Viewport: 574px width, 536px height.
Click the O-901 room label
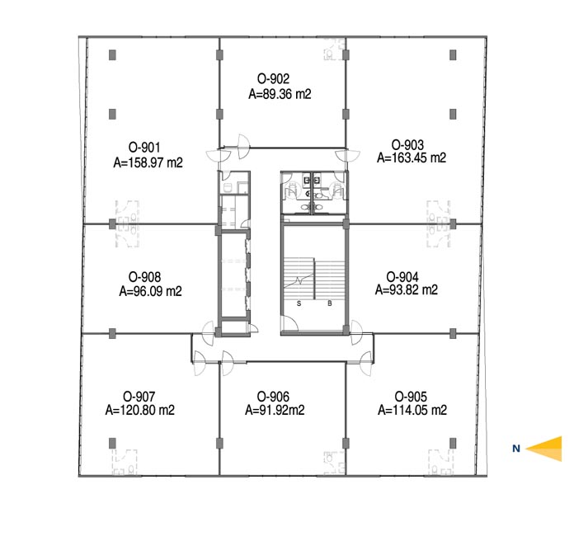(144, 148)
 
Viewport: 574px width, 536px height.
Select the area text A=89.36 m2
(280, 94)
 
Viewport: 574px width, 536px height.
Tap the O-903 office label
(407, 144)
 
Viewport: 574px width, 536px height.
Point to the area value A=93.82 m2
(407, 289)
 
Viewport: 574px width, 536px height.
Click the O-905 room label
(411, 397)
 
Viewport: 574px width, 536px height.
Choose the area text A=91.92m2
(275, 410)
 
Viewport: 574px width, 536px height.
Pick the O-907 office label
(139, 397)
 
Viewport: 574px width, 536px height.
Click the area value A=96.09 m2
(150, 291)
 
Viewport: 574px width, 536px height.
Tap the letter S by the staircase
(299, 303)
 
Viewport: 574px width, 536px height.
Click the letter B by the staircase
(330, 303)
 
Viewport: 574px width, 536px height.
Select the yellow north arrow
(543, 449)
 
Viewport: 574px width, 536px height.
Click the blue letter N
(516, 449)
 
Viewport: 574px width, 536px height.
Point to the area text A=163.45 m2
(412, 158)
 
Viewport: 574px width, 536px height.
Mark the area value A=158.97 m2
(148, 162)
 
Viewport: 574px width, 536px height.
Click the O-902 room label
(273, 78)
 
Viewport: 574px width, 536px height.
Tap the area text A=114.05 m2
(412, 410)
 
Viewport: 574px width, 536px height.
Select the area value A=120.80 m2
(140, 410)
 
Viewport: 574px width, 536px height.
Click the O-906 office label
(273, 397)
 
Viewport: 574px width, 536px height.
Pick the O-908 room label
(144, 277)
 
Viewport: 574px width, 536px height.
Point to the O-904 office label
(402, 277)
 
